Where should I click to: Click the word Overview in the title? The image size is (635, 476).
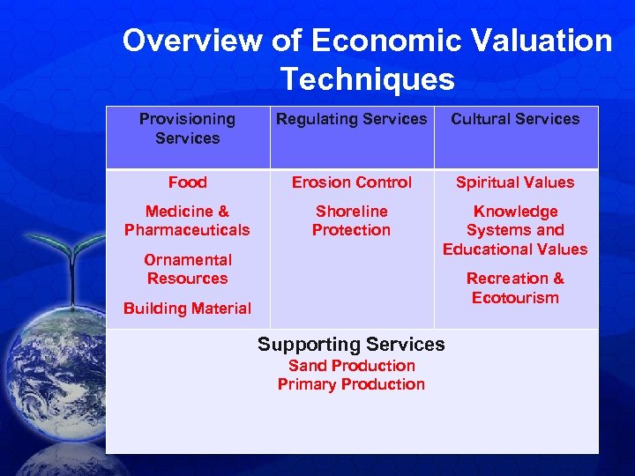[x=191, y=41]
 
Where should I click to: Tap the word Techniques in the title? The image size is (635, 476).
[x=368, y=80]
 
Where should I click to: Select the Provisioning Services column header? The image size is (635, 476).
[x=187, y=129]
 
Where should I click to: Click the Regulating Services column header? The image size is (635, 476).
[x=351, y=119]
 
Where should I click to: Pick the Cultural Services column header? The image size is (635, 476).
[x=515, y=119]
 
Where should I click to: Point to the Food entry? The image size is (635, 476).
[x=187, y=182]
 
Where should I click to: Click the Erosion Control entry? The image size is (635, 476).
[x=351, y=182]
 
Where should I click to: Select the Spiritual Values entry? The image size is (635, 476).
[x=515, y=182]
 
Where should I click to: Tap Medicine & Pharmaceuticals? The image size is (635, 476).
[x=187, y=220]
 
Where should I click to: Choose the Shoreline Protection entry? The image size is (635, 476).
[x=351, y=220]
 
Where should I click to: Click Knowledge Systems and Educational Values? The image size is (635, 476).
[x=515, y=230]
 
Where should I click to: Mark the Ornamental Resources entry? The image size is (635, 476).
[x=187, y=269]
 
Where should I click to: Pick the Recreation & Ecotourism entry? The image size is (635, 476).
[x=515, y=288]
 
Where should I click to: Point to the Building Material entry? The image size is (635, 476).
[x=187, y=309]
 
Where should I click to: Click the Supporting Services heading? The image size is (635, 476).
[x=351, y=344]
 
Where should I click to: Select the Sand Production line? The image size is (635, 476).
[x=351, y=365]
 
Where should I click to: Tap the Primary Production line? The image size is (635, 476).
[x=351, y=384]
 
